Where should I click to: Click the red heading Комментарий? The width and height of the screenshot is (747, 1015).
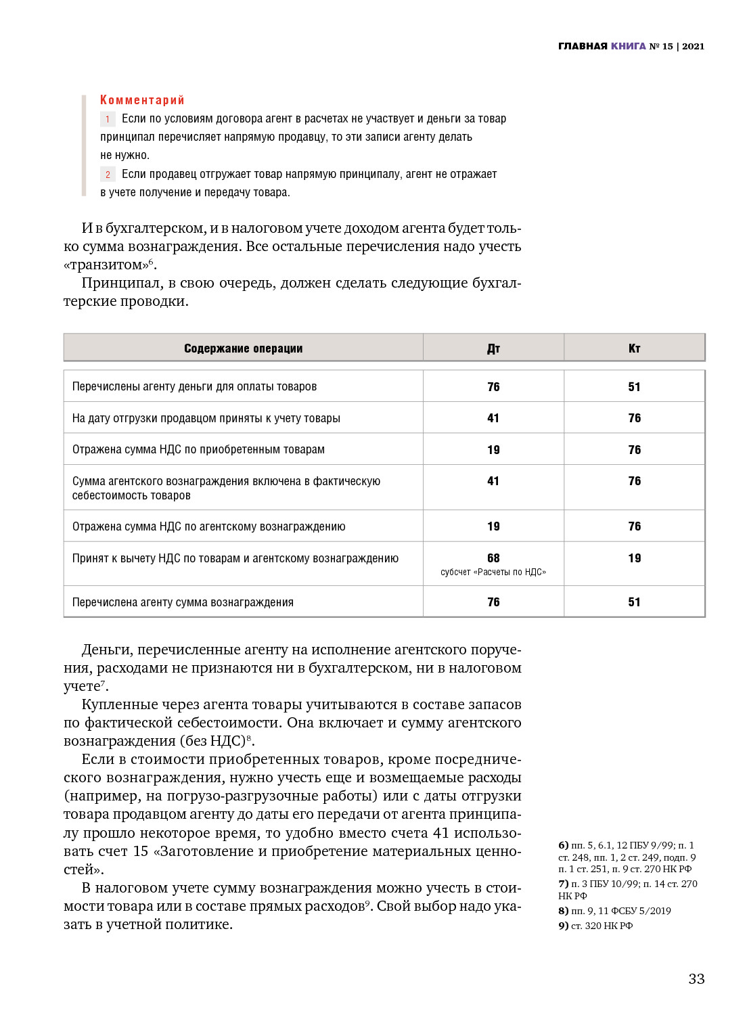tap(142, 100)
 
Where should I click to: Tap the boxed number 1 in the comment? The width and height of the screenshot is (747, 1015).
tap(108, 119)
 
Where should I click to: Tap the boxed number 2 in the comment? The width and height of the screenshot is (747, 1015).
tap(108, 175)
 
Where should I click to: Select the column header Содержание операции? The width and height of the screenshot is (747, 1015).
tap(243, 348)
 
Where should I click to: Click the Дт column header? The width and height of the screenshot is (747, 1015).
tap(493, 348)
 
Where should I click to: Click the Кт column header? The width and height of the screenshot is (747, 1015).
tap(634, 348)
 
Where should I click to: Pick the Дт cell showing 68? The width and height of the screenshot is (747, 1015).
tap(493, 558)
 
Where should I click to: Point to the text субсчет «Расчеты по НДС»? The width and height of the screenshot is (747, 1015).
tap(493, 572)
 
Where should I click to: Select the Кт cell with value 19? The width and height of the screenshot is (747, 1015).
tap(634, 558)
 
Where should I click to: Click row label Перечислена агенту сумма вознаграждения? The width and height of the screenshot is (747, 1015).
tap(183, 602)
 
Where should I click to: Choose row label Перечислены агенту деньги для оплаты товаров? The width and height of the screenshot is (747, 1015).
tap(194, 387)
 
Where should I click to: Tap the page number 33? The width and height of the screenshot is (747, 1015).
tap(696, 979)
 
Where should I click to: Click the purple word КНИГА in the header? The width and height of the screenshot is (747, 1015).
tap(628, 46)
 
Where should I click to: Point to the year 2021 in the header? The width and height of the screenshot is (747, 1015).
tap(693, 46)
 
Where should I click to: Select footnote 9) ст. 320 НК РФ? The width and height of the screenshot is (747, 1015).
tap(595, 926)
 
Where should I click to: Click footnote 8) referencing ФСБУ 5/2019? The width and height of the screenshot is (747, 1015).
tap(614, 911)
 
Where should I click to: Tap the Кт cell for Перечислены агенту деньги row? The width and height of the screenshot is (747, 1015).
tap(634, 387)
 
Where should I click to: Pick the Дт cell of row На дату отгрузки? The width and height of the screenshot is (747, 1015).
tap(493, 418)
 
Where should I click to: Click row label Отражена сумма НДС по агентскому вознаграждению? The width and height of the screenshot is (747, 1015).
tap(208, 526)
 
